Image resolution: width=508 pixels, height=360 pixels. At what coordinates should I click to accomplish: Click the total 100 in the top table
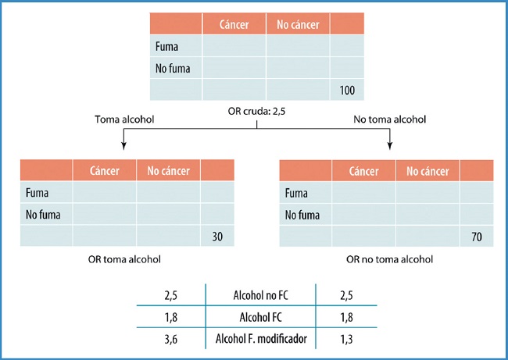pos(347,91)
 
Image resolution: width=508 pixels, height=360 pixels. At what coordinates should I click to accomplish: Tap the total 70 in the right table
pos(477,236)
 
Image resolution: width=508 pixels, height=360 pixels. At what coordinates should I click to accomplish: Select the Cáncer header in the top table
pos(234,25)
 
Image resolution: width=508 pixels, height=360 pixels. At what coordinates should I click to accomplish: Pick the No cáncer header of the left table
pos(167,171)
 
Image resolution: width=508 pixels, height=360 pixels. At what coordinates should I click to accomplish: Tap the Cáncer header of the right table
pos(363,171)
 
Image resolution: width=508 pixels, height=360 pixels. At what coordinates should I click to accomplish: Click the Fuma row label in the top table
pos(167,47)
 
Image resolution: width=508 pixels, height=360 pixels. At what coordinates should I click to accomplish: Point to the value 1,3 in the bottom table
pos(348,339)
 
